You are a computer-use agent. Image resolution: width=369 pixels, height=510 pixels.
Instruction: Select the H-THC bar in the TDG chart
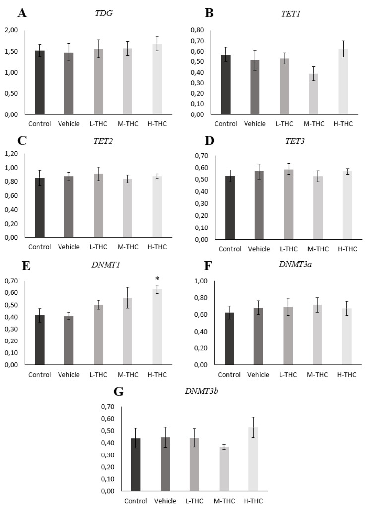click(157, 79)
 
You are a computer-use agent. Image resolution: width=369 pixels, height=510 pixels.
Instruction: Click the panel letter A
click(22, 13)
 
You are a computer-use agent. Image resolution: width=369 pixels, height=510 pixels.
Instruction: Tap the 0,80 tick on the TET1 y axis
click(196, 30)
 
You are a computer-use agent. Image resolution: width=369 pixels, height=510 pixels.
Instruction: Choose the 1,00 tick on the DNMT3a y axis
click(196, 281)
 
